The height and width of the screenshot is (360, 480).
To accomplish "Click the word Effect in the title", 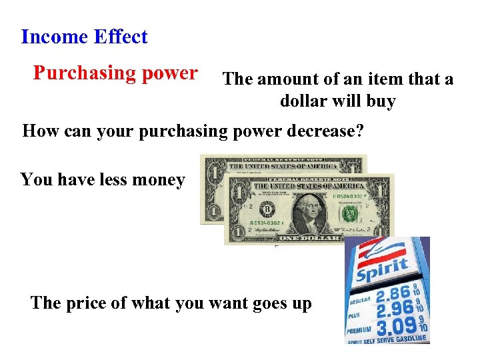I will coord(121,37).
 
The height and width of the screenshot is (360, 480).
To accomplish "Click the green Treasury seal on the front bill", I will coord(349,213).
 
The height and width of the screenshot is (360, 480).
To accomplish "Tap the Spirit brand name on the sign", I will coord(382,270).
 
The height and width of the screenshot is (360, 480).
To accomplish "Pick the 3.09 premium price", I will coord(395,328).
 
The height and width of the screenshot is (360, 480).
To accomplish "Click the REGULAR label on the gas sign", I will coord(357,301).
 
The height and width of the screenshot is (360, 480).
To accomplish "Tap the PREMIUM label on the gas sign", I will coord(358,329).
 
